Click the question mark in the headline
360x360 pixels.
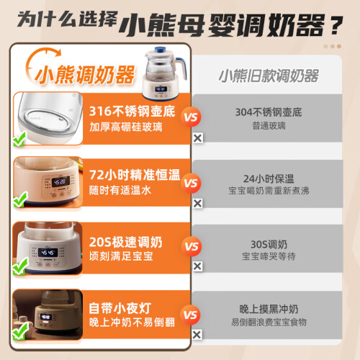[336, 25]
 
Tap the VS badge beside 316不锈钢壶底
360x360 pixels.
[191, 117]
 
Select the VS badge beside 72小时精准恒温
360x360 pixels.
[191, 183]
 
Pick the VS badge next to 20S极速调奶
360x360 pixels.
[192, 246]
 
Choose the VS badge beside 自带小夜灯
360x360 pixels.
[190, 315]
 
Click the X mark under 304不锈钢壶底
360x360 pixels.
[198, 138]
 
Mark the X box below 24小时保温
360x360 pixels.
[198, 203]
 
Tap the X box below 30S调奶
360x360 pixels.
[197, 266]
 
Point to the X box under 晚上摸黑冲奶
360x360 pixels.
[197, 335]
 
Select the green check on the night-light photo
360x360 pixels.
[20, 331]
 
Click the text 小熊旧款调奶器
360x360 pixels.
[269, 76]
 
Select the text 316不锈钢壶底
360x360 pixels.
[132, 111]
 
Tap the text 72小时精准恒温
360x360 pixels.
[135, 174]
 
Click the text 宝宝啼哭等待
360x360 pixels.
[269, 256]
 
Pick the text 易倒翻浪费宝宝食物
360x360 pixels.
[269, 322]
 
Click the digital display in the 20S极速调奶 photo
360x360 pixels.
[48, 253]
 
